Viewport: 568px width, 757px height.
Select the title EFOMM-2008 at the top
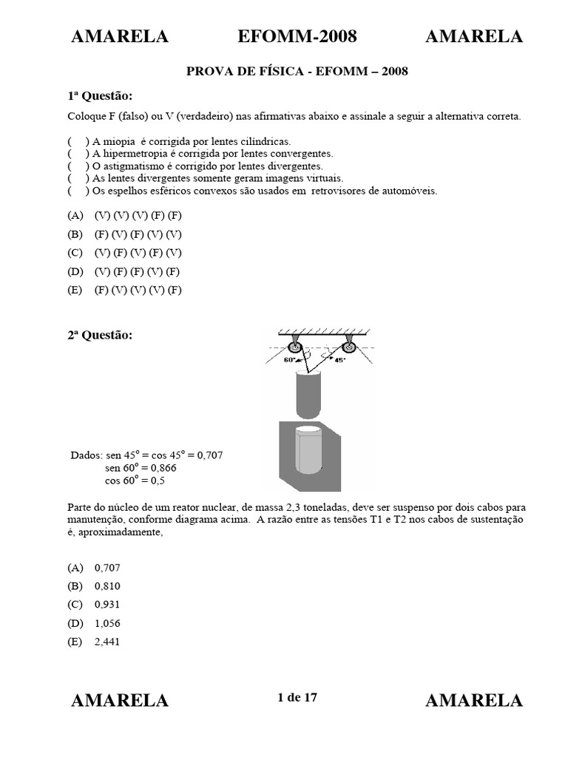tap(297, 36)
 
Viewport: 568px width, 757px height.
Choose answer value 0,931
tap(107, 605)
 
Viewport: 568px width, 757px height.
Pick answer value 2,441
tap(107, 642)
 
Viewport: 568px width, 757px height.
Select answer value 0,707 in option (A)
tap(107, 568)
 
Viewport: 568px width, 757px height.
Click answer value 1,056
tap(107, 623)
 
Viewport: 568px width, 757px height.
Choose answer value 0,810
tap(107, 586)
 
